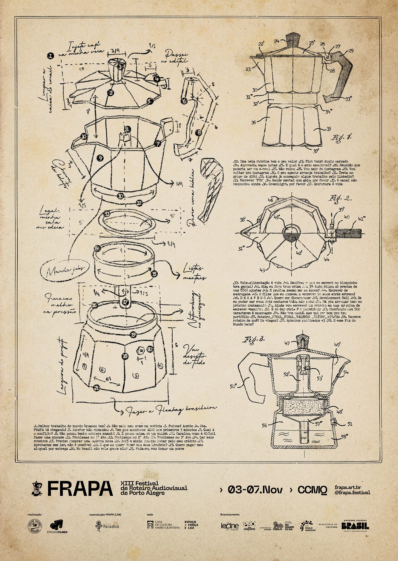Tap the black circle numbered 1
(50, 56)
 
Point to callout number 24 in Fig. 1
(277, 41)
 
